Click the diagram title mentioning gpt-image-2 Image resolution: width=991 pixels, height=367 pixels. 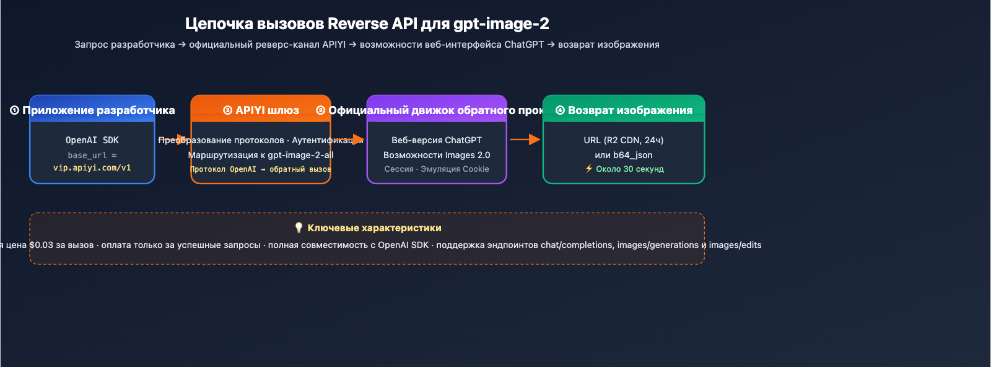pyautogui.click(x=367, y=24)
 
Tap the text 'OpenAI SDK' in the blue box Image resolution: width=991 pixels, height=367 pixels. pyautogui.click(x=92, y=140)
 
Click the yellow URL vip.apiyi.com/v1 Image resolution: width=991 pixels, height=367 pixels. pyautogui.click(x=92, y=168)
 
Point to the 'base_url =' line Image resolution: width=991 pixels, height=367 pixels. pyautogui.click(x=92, y=155)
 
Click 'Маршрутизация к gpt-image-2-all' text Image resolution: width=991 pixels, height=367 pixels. pyautogui.click(x=261, y=155)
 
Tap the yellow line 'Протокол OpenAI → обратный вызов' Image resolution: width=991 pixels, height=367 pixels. pyautogui.click(x=260, y=169)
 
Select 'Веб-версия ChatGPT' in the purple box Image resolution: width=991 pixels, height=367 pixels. pyautogui.click(x=436, y=140)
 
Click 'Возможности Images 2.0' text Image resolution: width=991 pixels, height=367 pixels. pyautogui.click(x=436, y=155)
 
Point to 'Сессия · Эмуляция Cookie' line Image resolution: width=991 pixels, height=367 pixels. pyautogui.click(x=436, y=169)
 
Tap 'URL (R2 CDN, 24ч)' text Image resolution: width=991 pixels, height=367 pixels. pyautogui.click(x=623, y=140)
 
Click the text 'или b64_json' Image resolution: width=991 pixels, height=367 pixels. pyautogui.click(x=623, y=155)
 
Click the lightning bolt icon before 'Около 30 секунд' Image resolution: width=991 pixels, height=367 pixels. pyautogui.click(x=588, y=169)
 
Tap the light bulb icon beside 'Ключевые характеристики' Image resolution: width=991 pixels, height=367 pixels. pyautogui.click(x=299, y=228)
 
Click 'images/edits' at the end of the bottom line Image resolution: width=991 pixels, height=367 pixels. pyautogui.click(x=735, y=245)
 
